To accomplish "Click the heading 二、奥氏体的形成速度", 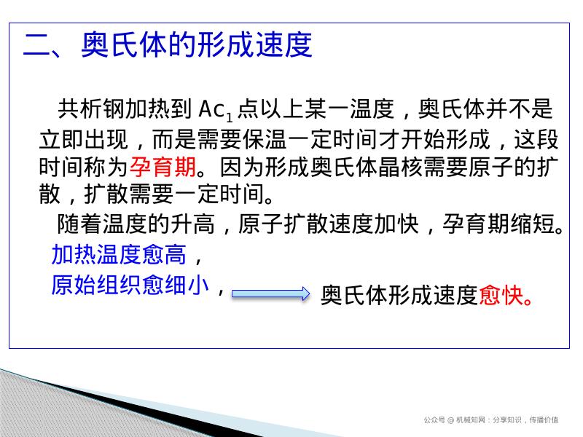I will click(168, 45).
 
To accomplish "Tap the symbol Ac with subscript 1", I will click(216, 111).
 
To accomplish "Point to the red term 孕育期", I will click(163, 168).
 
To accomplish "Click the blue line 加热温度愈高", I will click(119, 255).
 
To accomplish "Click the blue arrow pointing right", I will click(270, 294).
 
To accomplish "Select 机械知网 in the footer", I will click(470, 420).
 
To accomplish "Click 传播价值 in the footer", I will click(544, 420).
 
